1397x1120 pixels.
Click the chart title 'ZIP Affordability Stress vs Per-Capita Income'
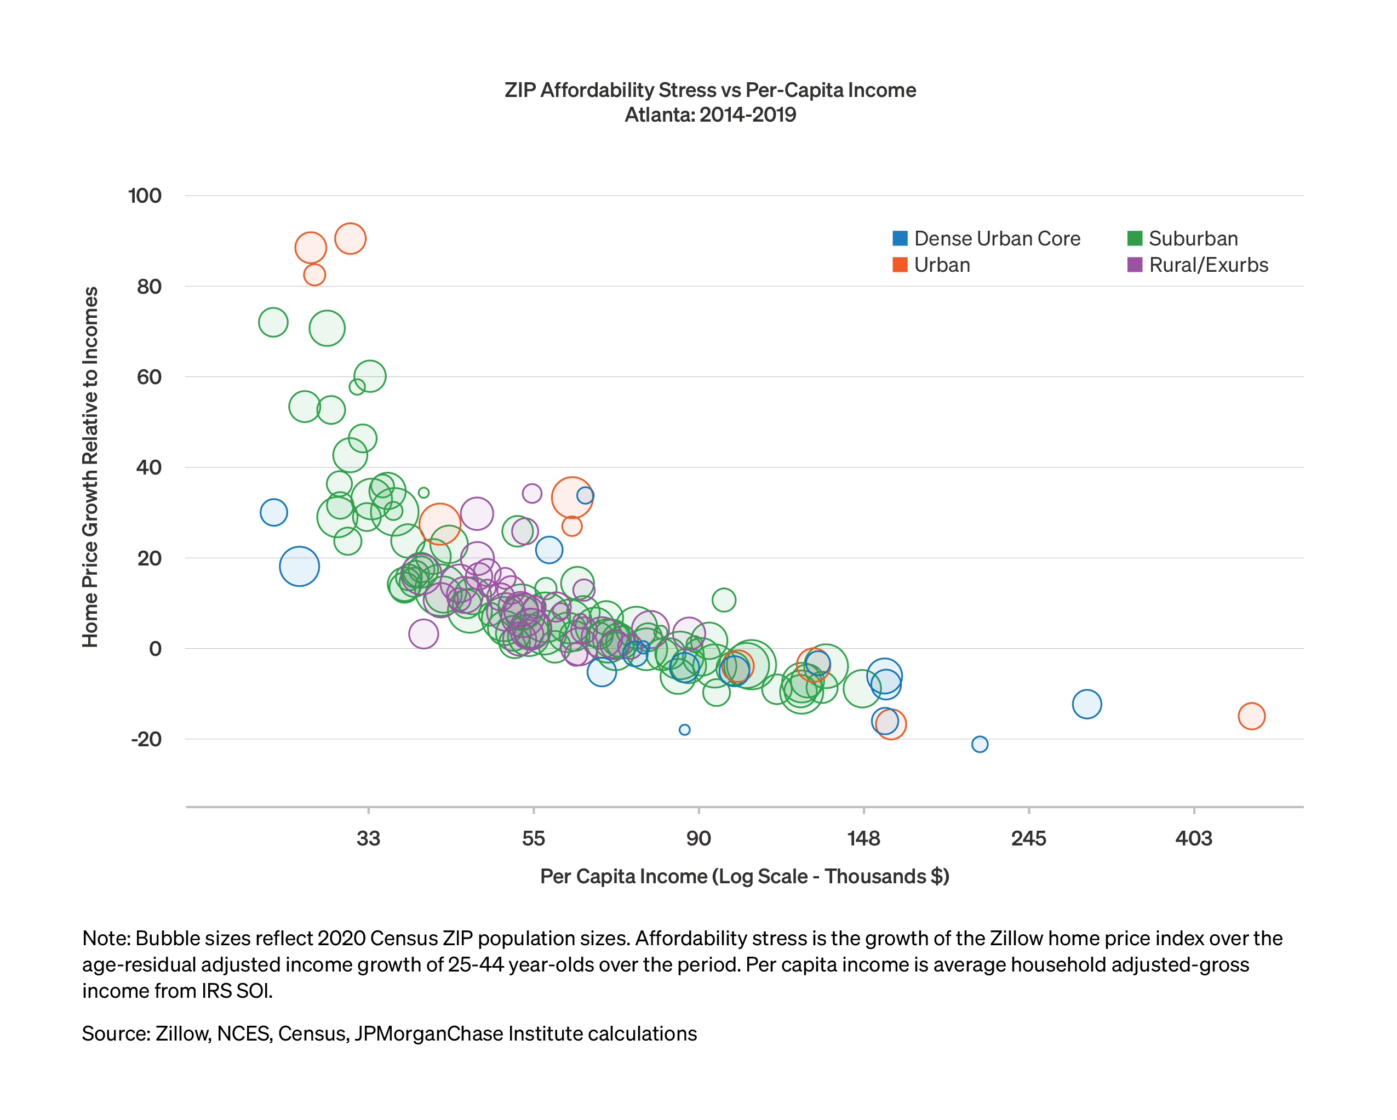710,90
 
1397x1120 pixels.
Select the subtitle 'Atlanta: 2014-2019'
710,115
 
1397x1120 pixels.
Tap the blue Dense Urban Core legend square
900,238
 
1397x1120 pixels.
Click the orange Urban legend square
900,265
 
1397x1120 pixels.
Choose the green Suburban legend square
1135,238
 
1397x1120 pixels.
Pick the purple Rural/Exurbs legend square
1135,265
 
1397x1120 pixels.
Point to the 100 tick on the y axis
145,196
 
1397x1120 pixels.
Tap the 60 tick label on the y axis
149,376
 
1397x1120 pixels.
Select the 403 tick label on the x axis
1194,839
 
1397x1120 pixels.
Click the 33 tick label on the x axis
368,839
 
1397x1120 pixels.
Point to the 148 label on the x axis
864,839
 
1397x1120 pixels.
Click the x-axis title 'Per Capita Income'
745,876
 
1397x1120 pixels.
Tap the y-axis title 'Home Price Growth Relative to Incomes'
90,467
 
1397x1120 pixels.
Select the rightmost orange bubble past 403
1252,716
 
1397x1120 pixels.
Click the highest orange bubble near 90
350,238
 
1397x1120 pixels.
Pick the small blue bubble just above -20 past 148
980,744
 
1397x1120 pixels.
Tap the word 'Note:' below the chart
106,939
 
